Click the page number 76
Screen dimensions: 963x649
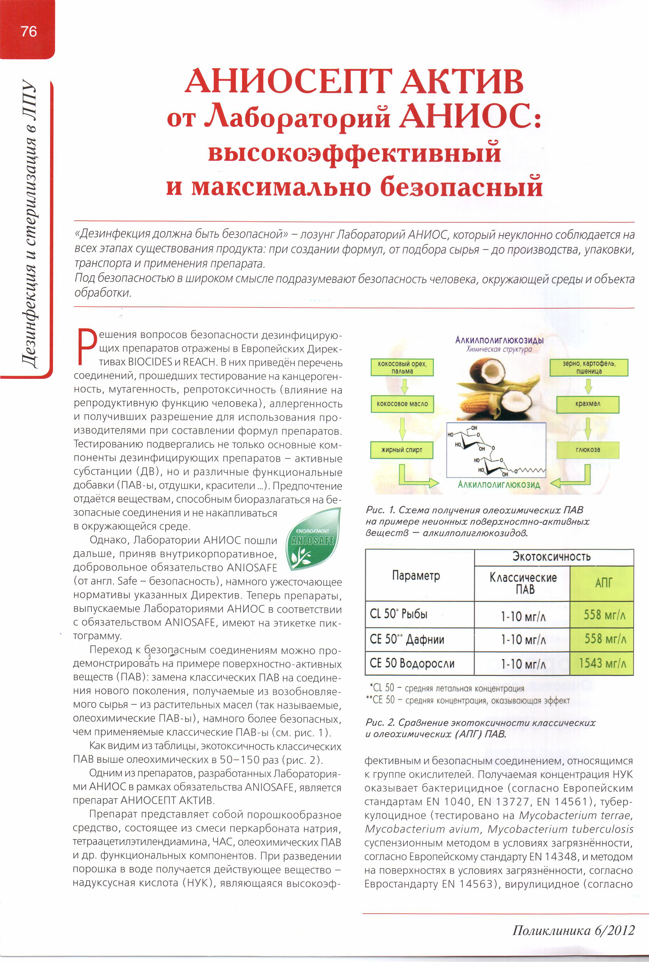pyautogui.click(x=29, y=31)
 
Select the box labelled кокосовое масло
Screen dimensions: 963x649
pyautogui.click(x=402, y=404)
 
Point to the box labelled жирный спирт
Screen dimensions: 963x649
pyautogui.click(x=401, y=450)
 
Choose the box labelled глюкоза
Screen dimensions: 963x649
pyautogui.click(x=587, y=450)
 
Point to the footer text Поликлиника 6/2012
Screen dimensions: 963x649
pyautogui.click(x=573, y=930)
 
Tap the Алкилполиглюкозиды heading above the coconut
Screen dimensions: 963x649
pyautogui.click(x=499, y=340)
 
